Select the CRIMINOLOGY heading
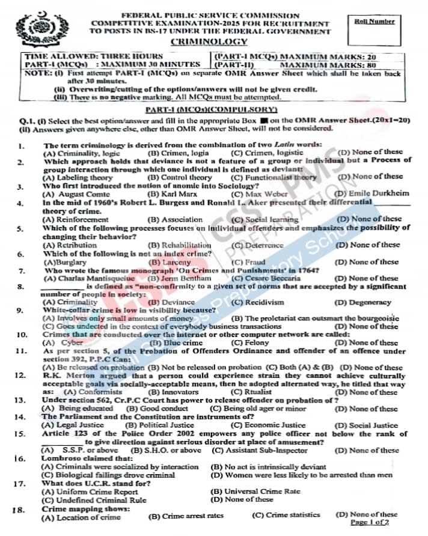pos(209,41)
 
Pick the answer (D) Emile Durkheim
pos(371,194)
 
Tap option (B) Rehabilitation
pos(179,245)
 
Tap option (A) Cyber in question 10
pos(63,343)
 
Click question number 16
pos(19,458)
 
